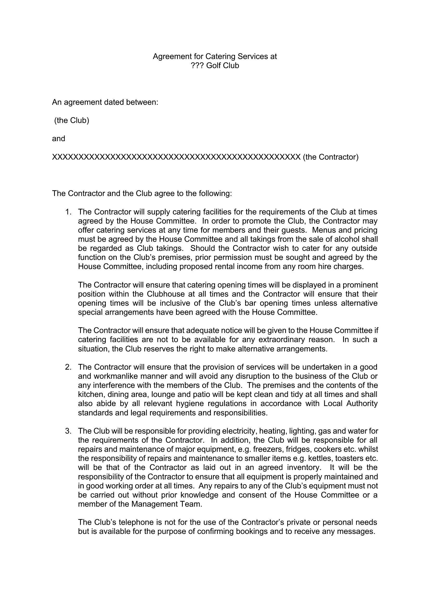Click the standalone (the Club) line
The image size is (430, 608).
(72, 121)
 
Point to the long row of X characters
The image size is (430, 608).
(176, 157)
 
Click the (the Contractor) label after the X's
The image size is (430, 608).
(331, 157)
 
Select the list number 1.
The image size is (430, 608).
(68, 212)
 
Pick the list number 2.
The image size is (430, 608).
(68, 367)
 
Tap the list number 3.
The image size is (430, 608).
(68, 431)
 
